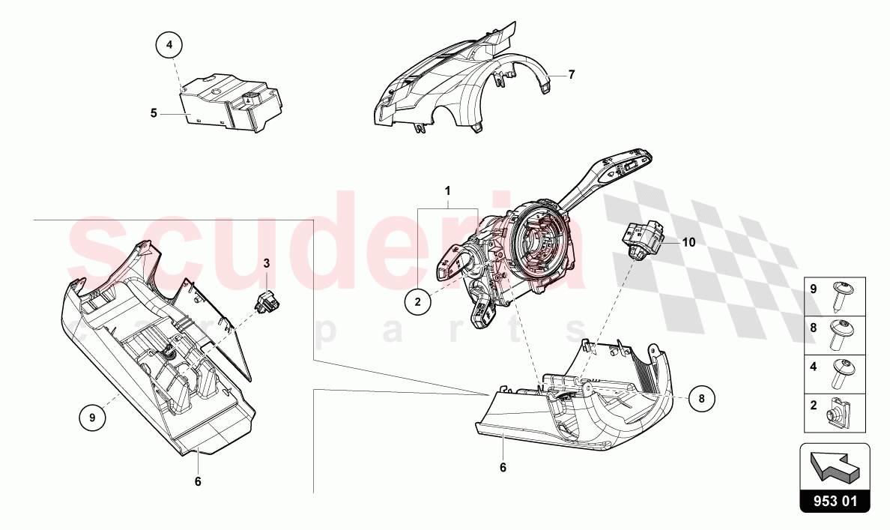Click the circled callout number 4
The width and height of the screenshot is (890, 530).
pyautogui.click(x=169, y=46)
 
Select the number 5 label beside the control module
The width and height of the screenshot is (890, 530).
pyautogui.click(x=154, y=113)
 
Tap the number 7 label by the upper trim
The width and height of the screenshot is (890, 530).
pyautogui.click(x=571, y=74)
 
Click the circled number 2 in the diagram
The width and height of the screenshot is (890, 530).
pyautogui.click(x=418, y=302)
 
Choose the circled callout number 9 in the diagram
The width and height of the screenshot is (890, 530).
pyautogui.click(x=93, y=418)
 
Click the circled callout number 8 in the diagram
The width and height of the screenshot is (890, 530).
pyautogui.click(x=702, y=399)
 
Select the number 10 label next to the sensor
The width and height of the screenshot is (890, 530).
pyautogui.click(x=688, y=242)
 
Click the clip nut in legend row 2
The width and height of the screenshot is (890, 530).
pyautogui.click(x=835, y=414)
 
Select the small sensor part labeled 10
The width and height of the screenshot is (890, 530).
pyautogui.click(x=641, y=239)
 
